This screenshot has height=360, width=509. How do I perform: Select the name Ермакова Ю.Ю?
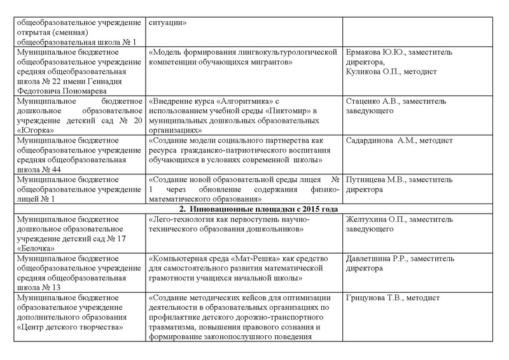point(372,52)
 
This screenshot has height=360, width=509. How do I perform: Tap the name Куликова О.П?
point(370,73)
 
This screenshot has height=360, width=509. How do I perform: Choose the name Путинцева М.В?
point(372,179)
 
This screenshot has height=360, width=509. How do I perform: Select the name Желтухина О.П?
point(373,219)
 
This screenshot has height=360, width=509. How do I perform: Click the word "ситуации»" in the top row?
point(168,23)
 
